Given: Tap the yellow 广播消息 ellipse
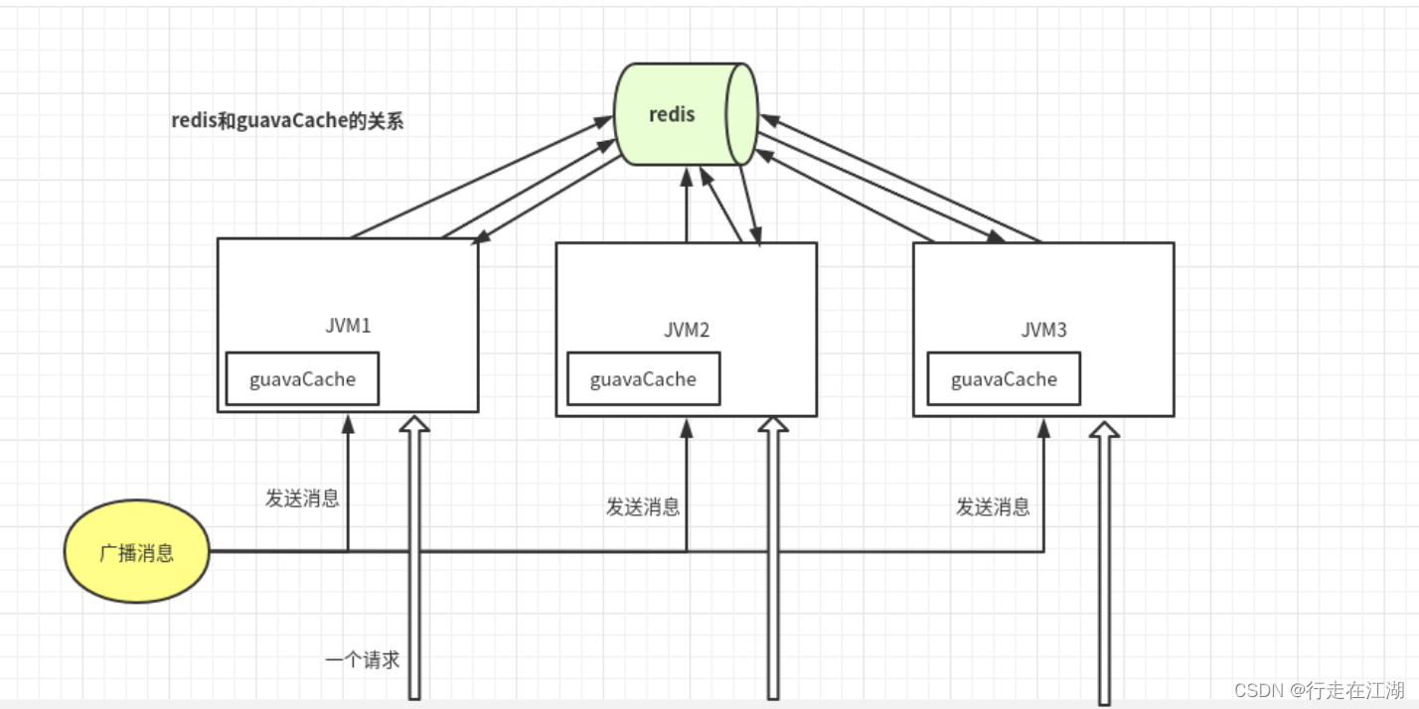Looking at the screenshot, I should tap(137, 552).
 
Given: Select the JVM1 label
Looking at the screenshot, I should tap(348, 326).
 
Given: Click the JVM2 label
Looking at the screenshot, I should tap(687, 330).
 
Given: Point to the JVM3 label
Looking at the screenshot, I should tap(1043, 330).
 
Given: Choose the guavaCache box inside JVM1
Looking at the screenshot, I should tap(302, 378).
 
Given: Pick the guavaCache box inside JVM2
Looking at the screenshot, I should tap(643, 379).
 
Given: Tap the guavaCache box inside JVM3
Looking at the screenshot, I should tap(1004, 379).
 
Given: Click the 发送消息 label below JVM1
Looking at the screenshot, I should tap(302, 498).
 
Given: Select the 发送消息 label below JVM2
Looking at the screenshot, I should tap(643, 506).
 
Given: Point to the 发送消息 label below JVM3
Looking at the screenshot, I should tap(993, 506).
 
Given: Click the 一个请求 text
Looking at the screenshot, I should tap(362, 659).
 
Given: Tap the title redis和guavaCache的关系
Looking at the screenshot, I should tap(287, 121).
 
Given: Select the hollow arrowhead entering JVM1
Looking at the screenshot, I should tap(414, 425).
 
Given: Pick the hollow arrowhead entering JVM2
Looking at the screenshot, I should tap(772, 425).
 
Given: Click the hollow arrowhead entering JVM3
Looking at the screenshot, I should tap(1103, 429).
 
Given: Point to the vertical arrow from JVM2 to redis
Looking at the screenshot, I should tap(686, 209).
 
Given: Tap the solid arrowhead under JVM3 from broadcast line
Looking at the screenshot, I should tap(1043, 427).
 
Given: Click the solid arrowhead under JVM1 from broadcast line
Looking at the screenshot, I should tap(348, 423).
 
